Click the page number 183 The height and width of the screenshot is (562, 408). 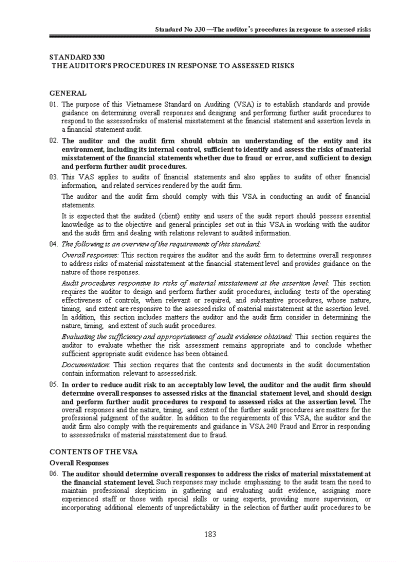point(210,534)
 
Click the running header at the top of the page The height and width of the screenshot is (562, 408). point(262,30)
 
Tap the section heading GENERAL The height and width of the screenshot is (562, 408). point(68,93)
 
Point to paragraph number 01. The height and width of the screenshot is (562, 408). point(54,105)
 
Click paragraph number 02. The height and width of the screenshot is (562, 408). point(54,141)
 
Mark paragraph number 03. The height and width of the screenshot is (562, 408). point(54,177)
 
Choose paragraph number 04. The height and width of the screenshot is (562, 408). point(54,244)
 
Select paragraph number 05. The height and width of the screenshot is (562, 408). point(54,385)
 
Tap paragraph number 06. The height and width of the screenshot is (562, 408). point(54,473)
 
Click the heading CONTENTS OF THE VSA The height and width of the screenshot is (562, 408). point(93,452)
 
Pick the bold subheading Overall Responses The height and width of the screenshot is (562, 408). point(79,463)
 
